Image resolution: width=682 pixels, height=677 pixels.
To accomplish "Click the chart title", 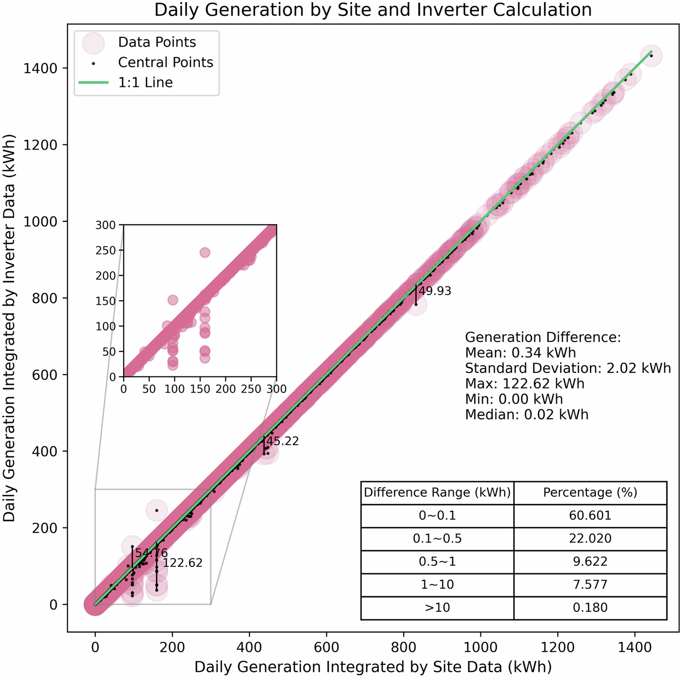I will tap(373, 10).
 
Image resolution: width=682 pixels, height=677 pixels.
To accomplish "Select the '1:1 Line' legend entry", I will tap(145, 82).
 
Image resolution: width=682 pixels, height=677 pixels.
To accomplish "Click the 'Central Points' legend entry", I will tap(165, 62).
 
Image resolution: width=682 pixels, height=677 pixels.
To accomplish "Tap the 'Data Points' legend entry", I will tap(157, 42).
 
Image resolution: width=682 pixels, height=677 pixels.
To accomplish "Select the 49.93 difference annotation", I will tap(435, 291).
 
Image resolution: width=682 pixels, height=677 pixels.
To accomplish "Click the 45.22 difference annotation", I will tap(282, 442).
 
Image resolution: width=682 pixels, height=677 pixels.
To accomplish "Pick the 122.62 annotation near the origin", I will tap(182, 563).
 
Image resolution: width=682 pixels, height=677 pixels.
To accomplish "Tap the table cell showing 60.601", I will tap(590, 515).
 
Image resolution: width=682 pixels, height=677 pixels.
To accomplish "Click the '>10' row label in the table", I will tap(437, 608).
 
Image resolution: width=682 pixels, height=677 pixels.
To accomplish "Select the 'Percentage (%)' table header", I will tap(590, 493).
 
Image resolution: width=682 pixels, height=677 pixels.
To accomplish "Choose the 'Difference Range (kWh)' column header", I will tap(437, 493).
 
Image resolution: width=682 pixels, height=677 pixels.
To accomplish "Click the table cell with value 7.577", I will tap(590, 585).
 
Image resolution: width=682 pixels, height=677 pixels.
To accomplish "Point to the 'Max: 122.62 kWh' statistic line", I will tap(524, 383).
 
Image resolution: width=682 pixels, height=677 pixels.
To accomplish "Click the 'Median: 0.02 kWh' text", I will tap(526, 415).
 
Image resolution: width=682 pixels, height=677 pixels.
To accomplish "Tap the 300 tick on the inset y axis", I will tap(106, 225).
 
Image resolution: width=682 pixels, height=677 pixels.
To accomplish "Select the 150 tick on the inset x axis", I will tap(200, 389).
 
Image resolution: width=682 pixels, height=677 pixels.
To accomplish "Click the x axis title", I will tap(373, 666).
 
